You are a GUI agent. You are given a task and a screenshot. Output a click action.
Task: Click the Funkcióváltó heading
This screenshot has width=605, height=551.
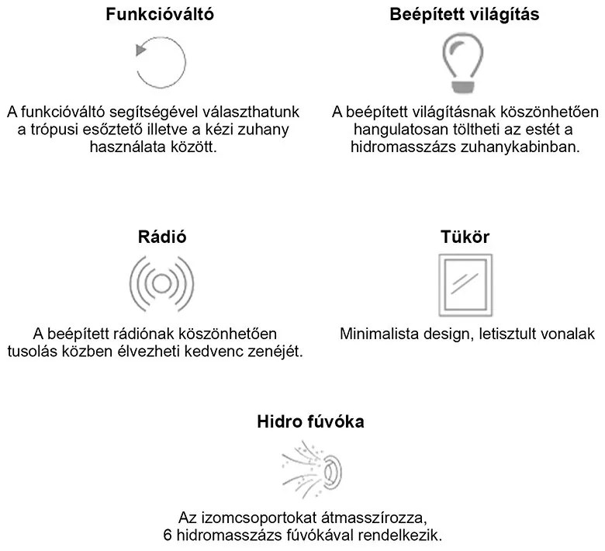160,15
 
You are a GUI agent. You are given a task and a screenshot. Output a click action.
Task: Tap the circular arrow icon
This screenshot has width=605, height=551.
161,61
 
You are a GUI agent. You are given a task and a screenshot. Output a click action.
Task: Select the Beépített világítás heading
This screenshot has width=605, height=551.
464,15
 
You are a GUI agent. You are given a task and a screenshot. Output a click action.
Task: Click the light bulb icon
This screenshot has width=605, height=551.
463,61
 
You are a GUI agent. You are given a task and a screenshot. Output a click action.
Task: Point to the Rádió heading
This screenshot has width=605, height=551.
160,237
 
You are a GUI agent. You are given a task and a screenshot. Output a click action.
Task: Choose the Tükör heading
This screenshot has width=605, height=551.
465,237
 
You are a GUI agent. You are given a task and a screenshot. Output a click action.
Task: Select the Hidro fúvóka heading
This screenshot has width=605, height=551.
311,423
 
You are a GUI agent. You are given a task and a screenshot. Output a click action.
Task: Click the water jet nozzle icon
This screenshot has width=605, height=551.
311,469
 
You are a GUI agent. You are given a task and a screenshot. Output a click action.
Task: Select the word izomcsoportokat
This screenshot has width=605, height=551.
243,518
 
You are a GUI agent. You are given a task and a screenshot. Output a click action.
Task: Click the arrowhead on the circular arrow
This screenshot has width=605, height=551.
139,50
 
